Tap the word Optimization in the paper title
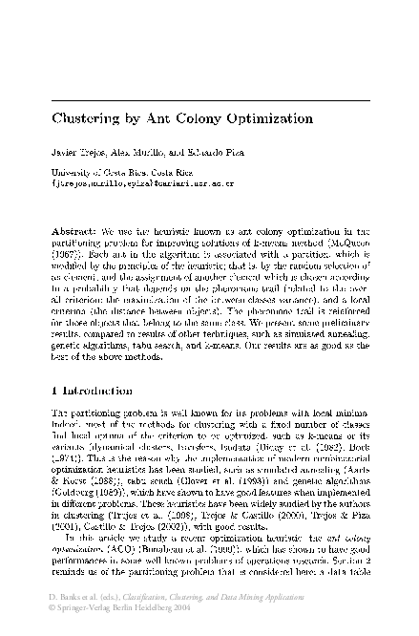tap(266, 120)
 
